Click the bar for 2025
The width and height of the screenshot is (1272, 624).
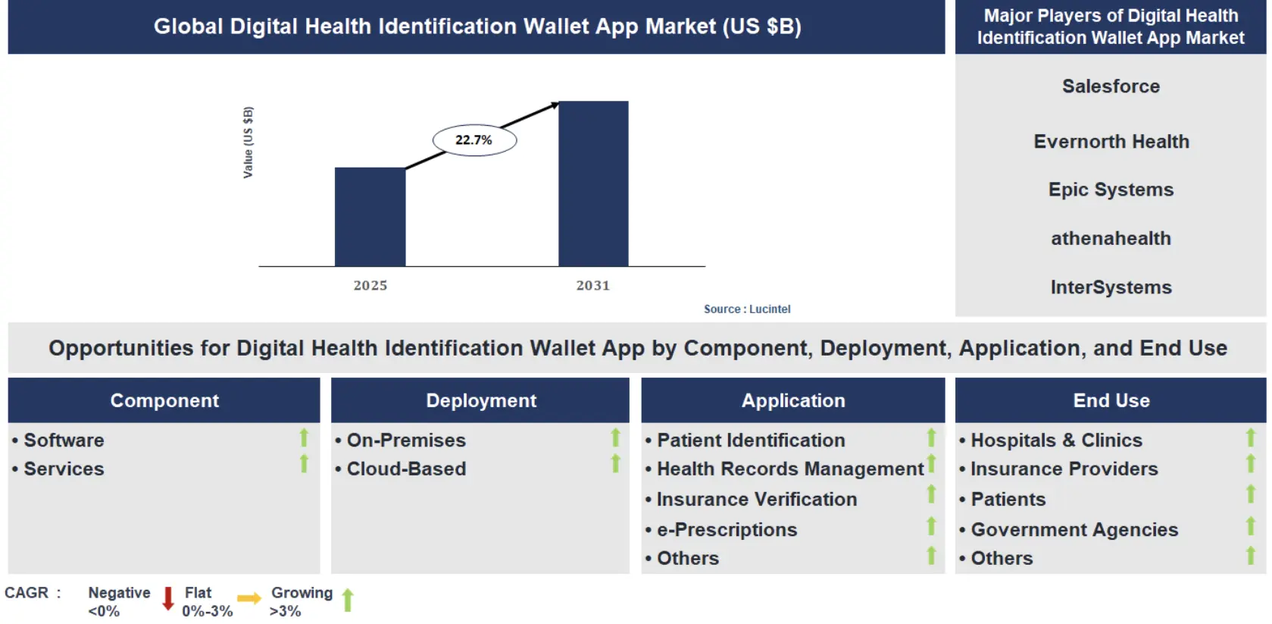tap(370, 217)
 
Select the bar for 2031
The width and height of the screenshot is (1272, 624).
tap(593, 183)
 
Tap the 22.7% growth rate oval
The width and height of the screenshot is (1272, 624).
tap(474, 140)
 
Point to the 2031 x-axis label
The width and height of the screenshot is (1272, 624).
tap(592, 286)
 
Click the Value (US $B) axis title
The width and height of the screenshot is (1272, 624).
tap(248, 143)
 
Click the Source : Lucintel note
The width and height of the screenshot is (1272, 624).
tap(746, 309)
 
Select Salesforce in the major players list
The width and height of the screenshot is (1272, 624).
tap(1111, 86)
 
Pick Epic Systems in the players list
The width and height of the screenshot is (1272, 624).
tap(1111, 190)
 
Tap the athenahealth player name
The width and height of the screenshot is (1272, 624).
tap(1111, 239)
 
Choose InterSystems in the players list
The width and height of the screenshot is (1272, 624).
tap(1111, 287)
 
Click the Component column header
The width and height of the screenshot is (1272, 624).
tap(164, 400)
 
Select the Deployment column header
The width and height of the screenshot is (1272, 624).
tap(481, 400)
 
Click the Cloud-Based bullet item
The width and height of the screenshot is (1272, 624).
tap(406, 469)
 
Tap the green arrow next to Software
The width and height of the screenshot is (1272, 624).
tap(304, 437)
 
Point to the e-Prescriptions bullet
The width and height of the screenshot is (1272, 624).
tap(727, 530)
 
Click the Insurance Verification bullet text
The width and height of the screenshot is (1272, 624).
tap(756, 500)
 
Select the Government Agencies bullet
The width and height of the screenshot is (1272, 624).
tap(1074, 530)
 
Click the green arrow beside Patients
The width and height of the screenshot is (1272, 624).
tap(1251, 494)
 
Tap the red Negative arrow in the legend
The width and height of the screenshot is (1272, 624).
tap(168, 598)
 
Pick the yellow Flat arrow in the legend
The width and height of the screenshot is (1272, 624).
tap(248, 599)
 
